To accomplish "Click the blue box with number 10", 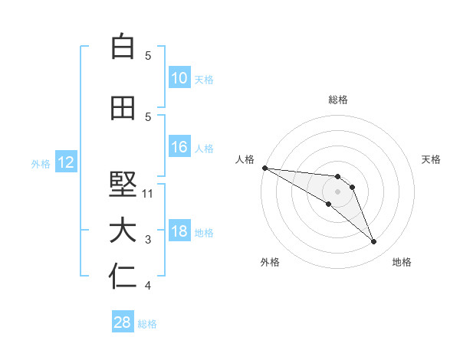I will tap(179, 77).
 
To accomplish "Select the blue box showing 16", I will tap(179, 147).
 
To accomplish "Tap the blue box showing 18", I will tap(179, 231).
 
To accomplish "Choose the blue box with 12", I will tap(65, 162).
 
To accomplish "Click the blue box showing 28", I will tap(122, 322).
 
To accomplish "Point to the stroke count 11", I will tap(148, 194).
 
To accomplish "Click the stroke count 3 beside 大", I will tap(148, 240).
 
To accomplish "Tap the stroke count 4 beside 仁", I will tap(148, 286).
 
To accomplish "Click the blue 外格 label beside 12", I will tap(41, 163).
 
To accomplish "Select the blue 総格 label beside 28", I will tap(147, 324).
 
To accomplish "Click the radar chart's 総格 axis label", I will tap(338, 100).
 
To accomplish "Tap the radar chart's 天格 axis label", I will tap(432, 159).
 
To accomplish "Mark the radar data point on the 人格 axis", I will tap(264, 168).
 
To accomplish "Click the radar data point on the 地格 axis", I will tap(373, 242).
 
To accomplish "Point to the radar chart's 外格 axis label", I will tap(270, 262).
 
